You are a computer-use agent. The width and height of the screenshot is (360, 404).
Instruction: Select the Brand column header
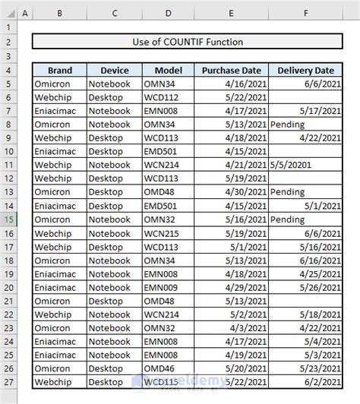coord(58,71)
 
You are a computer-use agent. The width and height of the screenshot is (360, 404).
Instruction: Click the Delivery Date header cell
coord(305,71)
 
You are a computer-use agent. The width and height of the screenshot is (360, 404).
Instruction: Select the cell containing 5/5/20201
coord(290,165)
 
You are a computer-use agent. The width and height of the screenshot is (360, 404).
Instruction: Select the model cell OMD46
coord(159,368)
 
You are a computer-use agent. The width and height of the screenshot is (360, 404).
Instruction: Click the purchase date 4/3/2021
coord(248,327)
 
